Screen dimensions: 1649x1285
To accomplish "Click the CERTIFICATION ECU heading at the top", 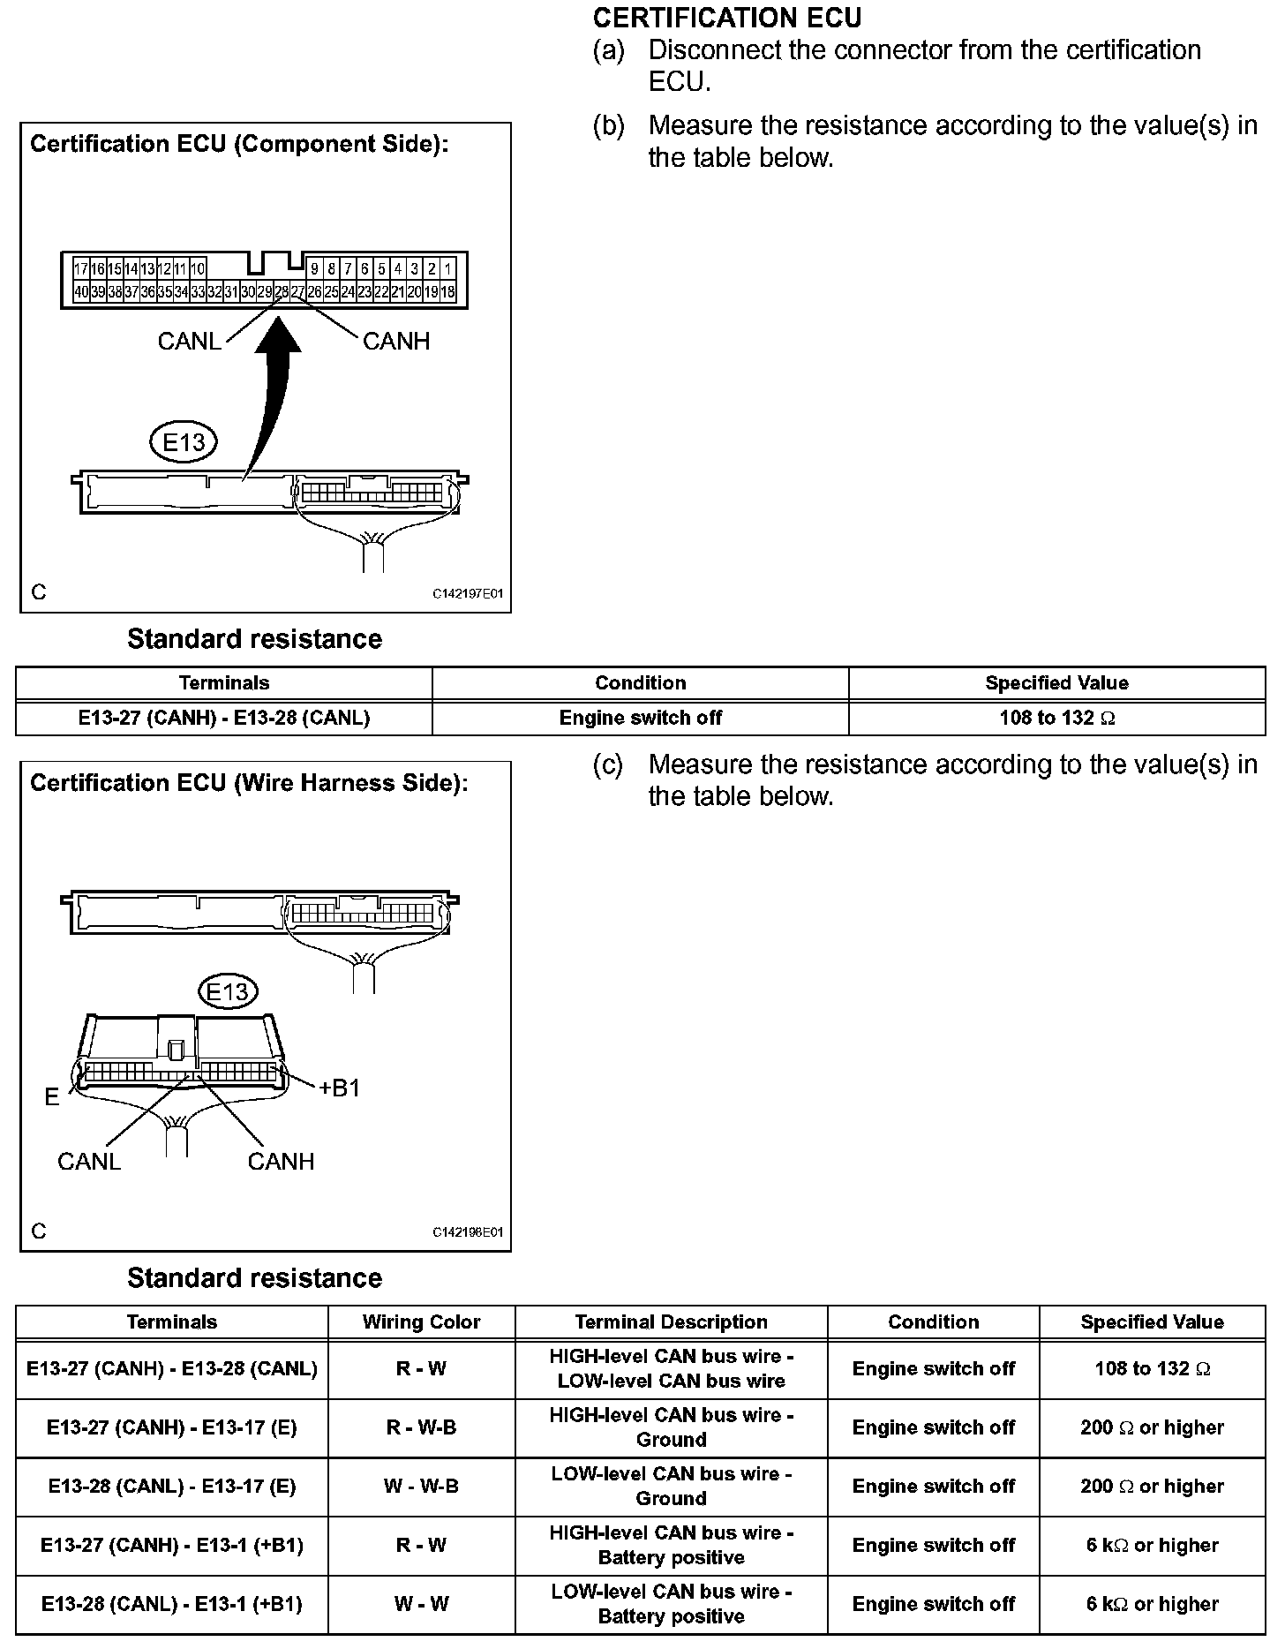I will tap(727, 18).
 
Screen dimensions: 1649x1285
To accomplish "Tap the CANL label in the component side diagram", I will tap(189, 342).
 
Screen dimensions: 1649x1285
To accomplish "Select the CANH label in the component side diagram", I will tap(396, 342).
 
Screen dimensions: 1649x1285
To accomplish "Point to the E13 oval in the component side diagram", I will tap(184, 441).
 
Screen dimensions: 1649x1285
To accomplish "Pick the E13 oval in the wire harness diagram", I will tap(228, 991).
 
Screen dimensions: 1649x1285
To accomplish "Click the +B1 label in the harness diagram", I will tap(340, 1088).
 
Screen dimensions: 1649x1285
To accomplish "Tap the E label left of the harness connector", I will tap(52, 1097).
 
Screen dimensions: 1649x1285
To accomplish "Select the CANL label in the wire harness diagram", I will tap(89, 1162).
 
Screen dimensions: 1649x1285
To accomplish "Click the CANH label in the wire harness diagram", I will tap(281, 1162).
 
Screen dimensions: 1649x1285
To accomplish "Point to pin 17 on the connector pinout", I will tap(80, 269).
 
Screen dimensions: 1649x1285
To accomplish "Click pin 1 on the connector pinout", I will tap(447, 269).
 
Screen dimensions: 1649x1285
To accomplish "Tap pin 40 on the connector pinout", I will tap(80, 292).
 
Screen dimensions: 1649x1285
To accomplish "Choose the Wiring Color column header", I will tap(421, 1322).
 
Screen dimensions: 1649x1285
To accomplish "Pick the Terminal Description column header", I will tap(671, 1322).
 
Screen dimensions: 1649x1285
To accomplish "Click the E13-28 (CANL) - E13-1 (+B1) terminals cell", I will tap(172, 1604).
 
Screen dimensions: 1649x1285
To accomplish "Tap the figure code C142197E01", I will tap(467, 594).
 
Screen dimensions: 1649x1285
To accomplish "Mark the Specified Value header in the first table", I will tap(1056, 683).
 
